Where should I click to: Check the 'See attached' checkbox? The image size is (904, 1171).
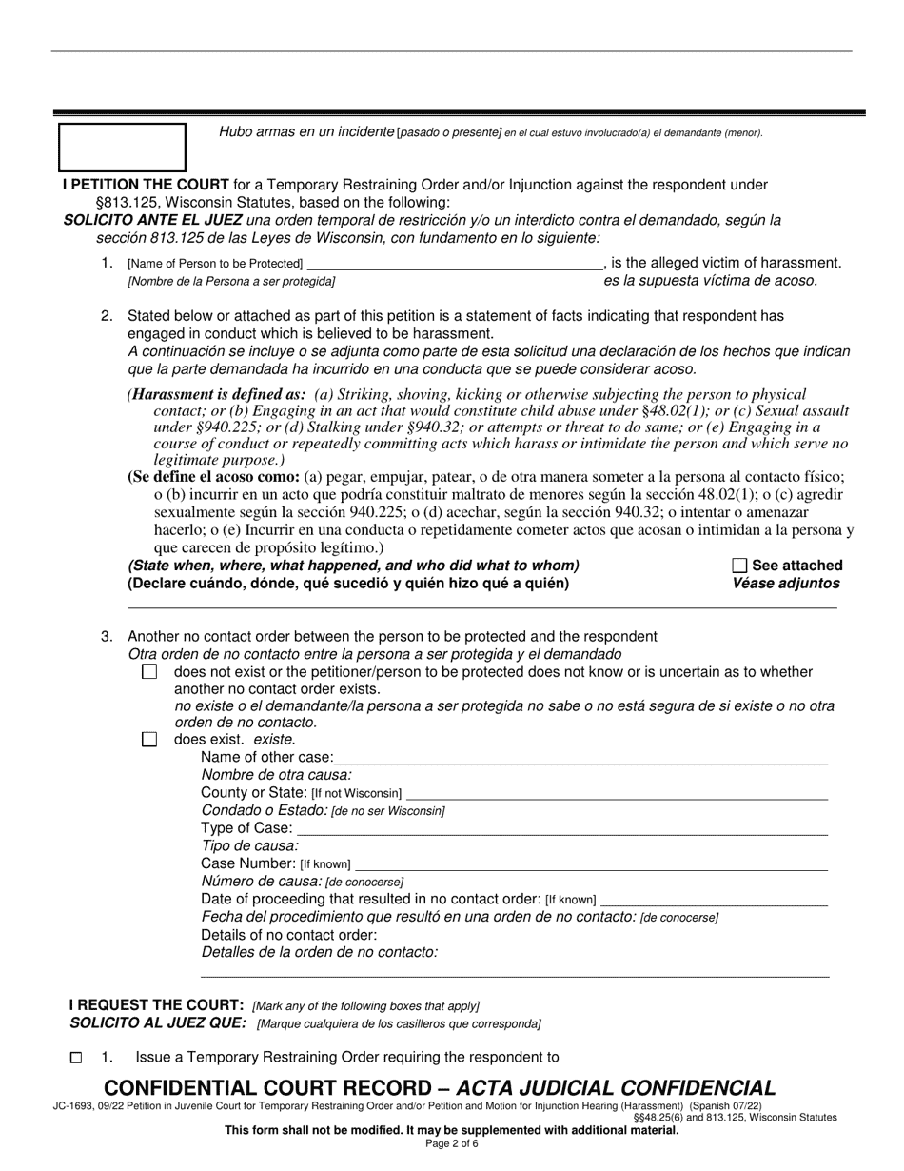pyautogui.click(x=740, y=566)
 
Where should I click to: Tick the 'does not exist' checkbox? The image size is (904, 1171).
pyautogui.click(x=149, y=672)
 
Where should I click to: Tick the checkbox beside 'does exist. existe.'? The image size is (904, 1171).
pyautogui.click(x=149, y=740)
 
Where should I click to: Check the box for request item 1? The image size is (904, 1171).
pyautogui.click(x=76, y=1058)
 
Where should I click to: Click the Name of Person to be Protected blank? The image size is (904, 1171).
pyautogui.click(x=455, y=263)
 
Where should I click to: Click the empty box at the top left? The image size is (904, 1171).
pyautogui.click(x=123, y=147)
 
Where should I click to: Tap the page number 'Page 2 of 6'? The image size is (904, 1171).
pyautogui.click(x=452, y=1143)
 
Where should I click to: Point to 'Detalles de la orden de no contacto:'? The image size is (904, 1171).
pyautogui.click(x=320, y=952)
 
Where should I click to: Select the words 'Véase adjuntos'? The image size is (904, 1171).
pyautogui.click(x=786, y=584)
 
